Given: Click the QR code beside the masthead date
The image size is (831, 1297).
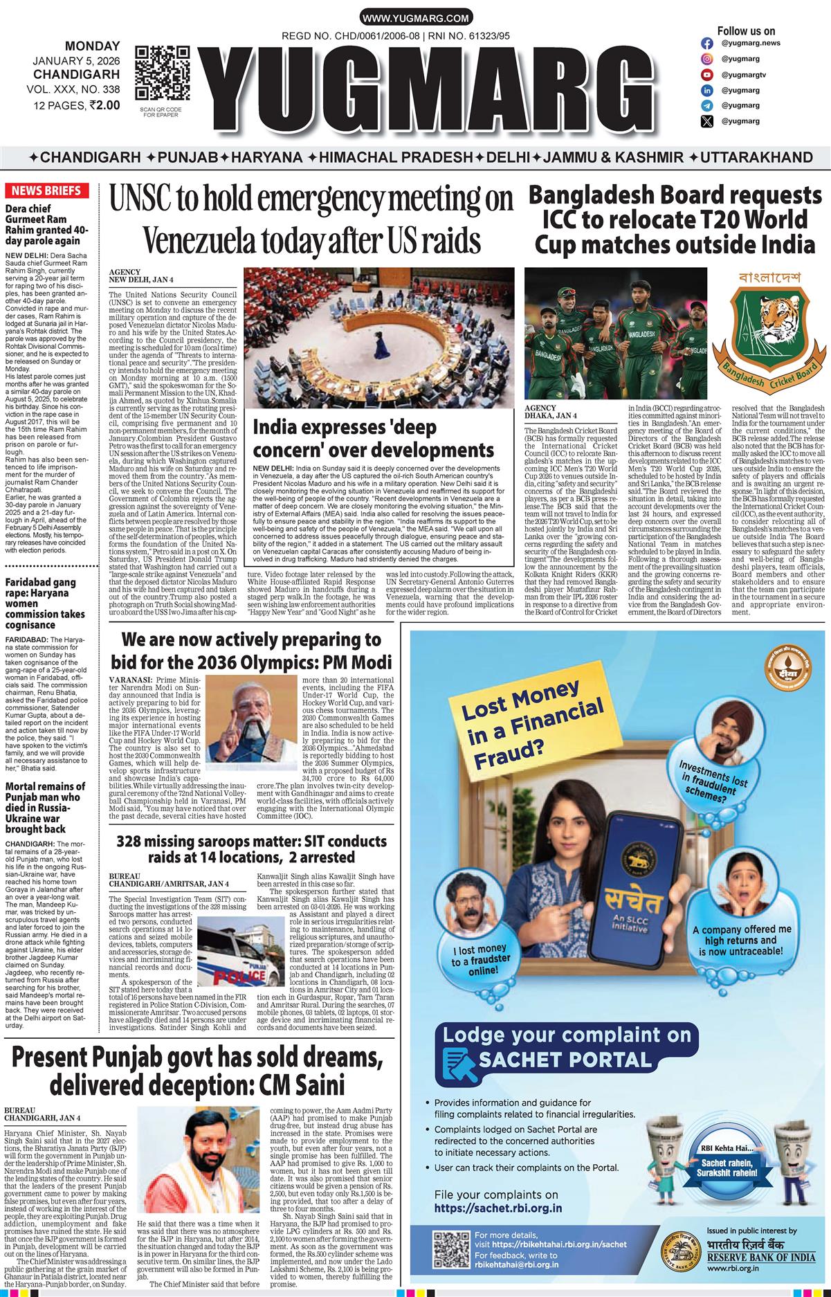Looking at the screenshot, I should pos(162,73).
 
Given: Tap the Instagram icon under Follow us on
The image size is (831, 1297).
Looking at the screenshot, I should pos(706,43).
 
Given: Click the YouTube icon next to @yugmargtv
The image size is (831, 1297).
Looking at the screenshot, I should pos(706,75).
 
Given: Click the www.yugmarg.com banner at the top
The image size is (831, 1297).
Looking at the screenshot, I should pos(415,19).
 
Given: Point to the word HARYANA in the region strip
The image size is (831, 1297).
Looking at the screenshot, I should pos(266,157).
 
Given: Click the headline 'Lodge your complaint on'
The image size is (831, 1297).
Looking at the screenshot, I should pos(567,1035).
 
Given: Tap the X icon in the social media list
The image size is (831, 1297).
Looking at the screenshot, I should pos(706,122).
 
